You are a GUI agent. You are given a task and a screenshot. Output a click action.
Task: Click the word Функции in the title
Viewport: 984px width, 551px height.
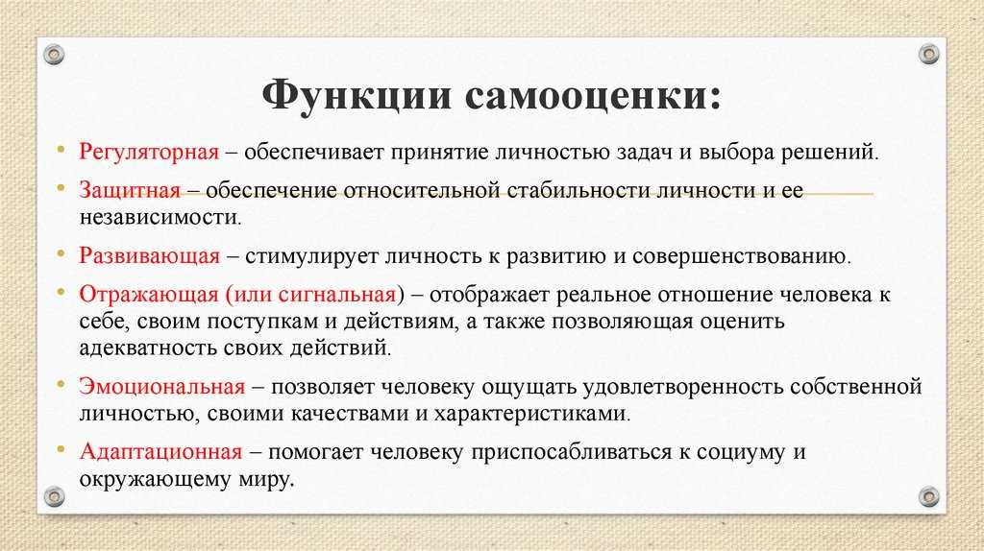coord(357,97)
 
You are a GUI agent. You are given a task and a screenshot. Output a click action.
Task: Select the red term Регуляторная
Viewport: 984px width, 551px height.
coord(149,153)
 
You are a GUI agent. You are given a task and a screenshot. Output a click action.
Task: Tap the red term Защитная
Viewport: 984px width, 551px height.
coord(130,191)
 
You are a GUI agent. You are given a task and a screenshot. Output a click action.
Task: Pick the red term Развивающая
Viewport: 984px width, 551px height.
coord(149,256)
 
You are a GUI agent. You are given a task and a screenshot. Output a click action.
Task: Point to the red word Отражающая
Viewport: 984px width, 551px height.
coord(148,295)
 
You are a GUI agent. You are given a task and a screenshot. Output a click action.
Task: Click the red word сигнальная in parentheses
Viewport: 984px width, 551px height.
coord(337,294)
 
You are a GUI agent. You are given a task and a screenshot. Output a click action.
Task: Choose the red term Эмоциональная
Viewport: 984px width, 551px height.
coord(161,386)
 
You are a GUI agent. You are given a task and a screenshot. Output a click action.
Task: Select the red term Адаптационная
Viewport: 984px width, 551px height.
coord(160,452)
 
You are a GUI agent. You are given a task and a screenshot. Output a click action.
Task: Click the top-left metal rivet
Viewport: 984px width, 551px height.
coord(55,55)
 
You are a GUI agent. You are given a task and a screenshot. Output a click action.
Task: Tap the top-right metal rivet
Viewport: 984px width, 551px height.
coord(929,55)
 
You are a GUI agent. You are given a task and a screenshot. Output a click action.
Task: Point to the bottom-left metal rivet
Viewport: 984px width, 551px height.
coord(55,496)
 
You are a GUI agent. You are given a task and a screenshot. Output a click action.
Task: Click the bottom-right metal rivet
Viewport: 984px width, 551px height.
coord(929,496)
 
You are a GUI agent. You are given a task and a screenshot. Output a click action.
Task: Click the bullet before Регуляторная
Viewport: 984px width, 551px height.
coord(61,150)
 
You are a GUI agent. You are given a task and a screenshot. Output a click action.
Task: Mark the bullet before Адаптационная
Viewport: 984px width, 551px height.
coord(61,449)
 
